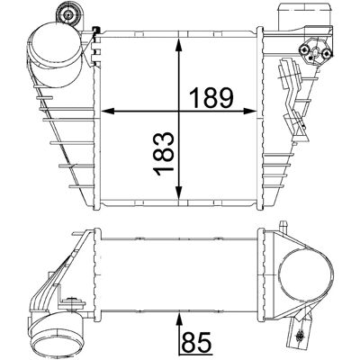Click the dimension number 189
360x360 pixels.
[x=211, y=98]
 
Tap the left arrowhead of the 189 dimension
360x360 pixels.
[x=108, y=112]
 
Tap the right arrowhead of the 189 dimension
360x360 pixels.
[x=250, y=112]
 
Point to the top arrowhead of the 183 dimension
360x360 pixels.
[x=179, y=45]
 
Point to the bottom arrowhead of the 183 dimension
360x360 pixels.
[x=179, y=193]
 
